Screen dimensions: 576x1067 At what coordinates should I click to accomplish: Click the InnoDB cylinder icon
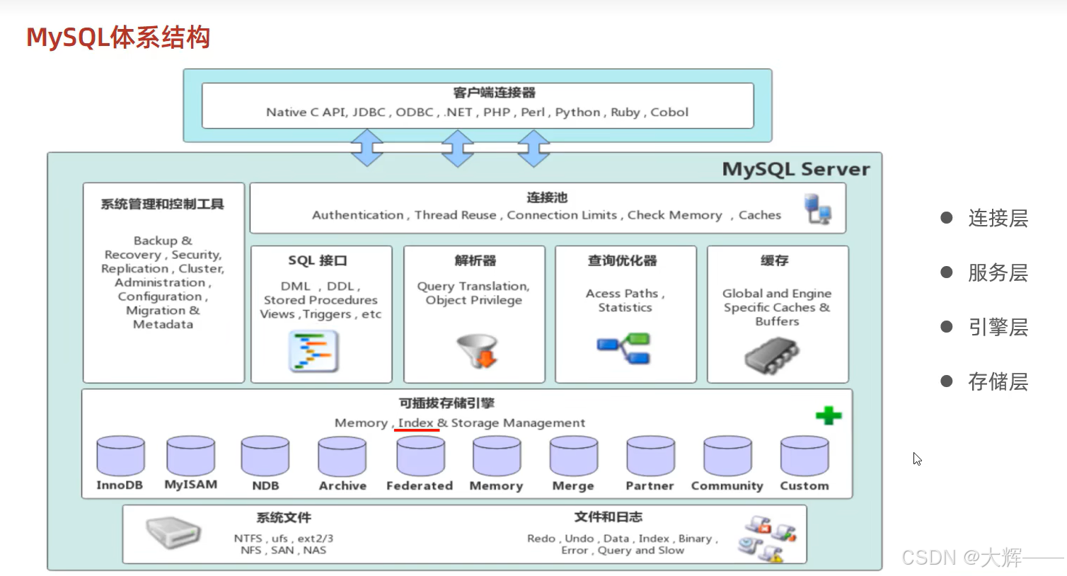[x=120, y=455]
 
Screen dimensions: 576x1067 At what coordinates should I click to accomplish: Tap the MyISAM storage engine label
[x=190, y=485]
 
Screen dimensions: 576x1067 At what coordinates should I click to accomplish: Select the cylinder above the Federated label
[x=420, y=455]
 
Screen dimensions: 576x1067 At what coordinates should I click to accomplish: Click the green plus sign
[x=829, y=415]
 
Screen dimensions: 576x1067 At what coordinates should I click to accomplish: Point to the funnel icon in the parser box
[x=478, y=350]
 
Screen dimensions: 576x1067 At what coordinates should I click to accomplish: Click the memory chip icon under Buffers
[x=771, y=355]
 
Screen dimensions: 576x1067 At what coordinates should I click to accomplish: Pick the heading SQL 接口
[x=318, y=260]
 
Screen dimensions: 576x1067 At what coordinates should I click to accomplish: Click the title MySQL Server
[x=795, y=169]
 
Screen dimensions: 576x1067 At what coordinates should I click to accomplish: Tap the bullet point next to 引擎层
[x=947, y=327]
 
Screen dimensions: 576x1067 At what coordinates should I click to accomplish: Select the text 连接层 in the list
[x=998, y=218]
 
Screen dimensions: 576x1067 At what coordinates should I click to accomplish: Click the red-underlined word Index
[x=415, y=422]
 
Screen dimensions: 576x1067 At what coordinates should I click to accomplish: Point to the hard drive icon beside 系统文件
[x=173, y=533]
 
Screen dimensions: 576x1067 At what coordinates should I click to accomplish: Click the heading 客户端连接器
[x=494, y=93]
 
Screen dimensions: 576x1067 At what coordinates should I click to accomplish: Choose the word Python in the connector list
[x=577, y=112]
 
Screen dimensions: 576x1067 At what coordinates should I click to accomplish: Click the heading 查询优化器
[x=622, y=260]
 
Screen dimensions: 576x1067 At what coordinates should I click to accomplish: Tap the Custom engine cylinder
[x=804, y=455]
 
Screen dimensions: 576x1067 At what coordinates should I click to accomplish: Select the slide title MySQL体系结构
[x=118, y=37]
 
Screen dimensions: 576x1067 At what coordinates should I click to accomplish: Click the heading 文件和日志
[x=609, y=517]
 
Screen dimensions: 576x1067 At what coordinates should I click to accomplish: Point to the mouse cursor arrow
[x=916, y=459]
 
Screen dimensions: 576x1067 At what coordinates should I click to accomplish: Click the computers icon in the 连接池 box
[x=818, y=209]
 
